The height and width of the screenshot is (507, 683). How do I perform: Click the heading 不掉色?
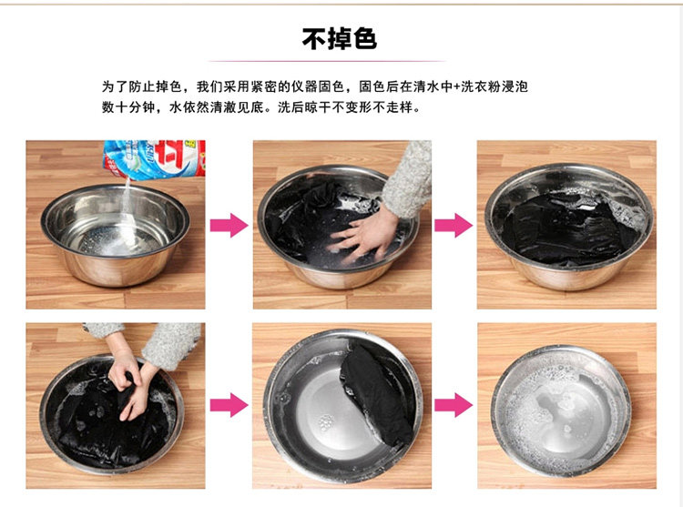[340, 39]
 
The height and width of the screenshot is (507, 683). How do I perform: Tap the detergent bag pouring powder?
[155, 159]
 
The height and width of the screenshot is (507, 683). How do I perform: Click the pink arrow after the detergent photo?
[229, 225]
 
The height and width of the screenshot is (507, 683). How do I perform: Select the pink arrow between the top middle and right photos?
[454, 225]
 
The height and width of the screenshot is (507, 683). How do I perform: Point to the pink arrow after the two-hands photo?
[229, 405]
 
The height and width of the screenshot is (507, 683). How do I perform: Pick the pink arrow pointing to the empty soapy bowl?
[454, 405]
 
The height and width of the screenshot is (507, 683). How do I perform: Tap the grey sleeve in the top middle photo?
[408, 178]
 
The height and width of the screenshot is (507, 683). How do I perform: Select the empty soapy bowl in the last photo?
[562, 411]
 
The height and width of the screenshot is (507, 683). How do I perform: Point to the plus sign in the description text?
[456, 86]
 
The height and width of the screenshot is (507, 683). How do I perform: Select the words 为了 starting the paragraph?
[115, 86]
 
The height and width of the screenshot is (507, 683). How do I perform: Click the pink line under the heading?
[327, 61]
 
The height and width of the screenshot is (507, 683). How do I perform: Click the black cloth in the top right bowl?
[566, 228]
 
